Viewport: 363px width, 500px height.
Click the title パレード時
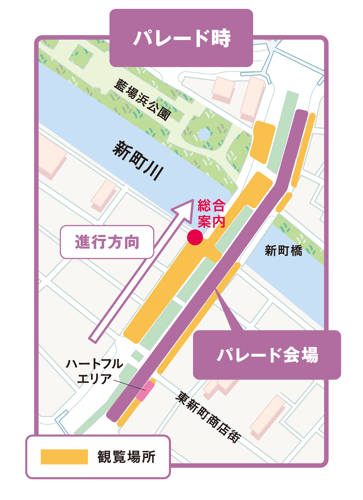(x=181, y=38)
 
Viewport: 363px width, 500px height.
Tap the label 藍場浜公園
(x=142, y=99)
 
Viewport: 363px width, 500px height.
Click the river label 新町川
(x=138, y=160)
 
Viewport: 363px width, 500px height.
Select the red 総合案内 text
(x=211, y=213)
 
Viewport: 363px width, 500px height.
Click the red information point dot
(x=195, y=237)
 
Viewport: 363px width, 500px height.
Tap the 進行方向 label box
(x=107, y=242)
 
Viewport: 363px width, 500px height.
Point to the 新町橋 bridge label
(x=283, y=251)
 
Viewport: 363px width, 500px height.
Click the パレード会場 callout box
(x=267, y=354)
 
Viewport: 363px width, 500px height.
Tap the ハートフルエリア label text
(x=94, y=371)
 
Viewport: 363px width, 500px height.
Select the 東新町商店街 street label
(x=208, y=417)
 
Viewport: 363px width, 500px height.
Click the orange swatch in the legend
(x=64, y=457)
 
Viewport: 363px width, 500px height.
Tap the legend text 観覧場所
(x=126, y=457)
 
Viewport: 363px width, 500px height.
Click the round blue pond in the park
(x=204, y=134)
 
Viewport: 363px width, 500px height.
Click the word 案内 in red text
(x=211, y=221)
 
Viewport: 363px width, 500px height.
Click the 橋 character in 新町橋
(x=296, y=251)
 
